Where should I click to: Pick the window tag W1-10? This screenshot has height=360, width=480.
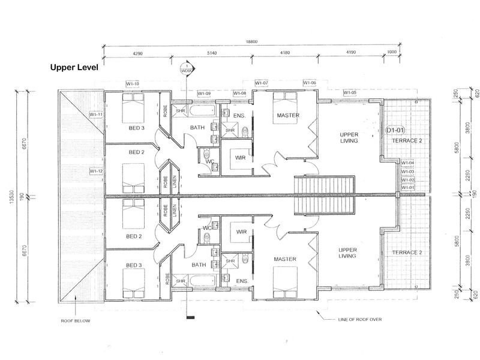coord(133,83)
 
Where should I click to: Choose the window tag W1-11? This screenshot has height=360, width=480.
coord(96,114)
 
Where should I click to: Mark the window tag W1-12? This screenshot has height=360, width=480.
coord(96,171)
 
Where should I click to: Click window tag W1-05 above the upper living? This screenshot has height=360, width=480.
coord(350,92)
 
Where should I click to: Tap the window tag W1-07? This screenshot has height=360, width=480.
coord(261,83)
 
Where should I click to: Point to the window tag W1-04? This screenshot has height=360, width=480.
coord(408,163)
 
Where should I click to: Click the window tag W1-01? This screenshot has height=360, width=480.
coord(408,188)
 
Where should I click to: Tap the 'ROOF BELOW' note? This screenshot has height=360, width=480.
coord(76,321)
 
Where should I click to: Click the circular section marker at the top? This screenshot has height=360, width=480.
coord(186,69)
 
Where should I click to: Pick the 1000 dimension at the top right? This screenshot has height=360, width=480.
coord(392,53)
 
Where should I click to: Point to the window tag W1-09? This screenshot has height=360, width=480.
coord(204,94)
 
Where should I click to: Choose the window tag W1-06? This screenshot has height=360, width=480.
coord(309,83)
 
